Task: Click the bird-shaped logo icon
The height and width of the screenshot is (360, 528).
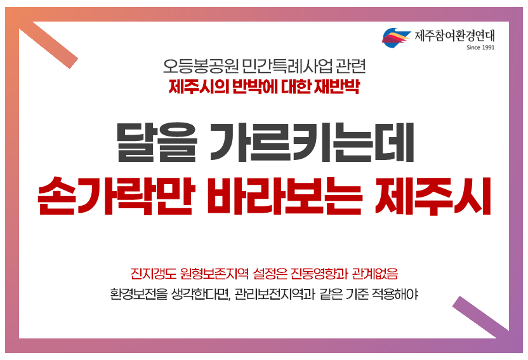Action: click(x=396, y=37)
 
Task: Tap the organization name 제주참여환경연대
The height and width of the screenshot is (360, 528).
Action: click(x=454, y=36)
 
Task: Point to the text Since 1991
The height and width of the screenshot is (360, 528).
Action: click(x=480, y=48)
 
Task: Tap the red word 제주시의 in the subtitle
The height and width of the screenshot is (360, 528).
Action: click(x=199, y=86)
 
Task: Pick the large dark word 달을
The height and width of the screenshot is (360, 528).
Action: click(x=157, y=142)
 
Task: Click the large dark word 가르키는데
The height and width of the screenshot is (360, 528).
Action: click(x=312, y=142)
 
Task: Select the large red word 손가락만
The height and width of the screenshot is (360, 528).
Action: click(x=114, y=196)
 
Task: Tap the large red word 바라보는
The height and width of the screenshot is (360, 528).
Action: click(x=284, y=196)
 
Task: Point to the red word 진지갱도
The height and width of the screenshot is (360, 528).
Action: click(x=154, y=274)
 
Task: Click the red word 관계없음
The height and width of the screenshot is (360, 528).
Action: click(x=375, y=274)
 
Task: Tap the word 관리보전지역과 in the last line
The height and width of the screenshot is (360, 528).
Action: click(x=274, y=294)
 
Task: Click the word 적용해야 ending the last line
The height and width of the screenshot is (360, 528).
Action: click(x=395, y=294)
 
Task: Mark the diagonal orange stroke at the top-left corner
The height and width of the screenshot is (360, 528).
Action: click(x=48, y=45)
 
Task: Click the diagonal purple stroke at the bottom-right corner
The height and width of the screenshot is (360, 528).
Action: click(x=480, y=317)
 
